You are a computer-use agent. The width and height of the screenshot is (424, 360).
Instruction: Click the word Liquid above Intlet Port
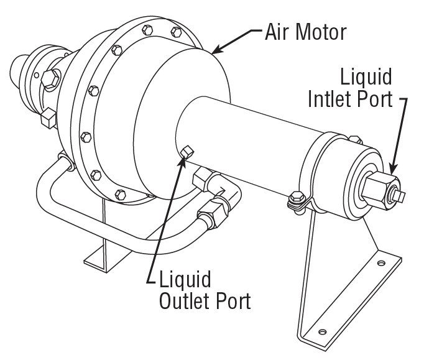coord(366,78)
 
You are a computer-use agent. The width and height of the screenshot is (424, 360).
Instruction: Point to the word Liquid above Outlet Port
coord(185,279)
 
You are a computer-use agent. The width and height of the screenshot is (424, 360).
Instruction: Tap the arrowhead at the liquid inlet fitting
coord(392,166)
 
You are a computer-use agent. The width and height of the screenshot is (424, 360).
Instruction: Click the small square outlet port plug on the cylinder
coord(188,150)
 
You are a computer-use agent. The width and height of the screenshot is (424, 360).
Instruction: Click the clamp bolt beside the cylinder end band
coord(296,200)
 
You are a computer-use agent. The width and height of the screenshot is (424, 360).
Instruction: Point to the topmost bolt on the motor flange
coord(147,30)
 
